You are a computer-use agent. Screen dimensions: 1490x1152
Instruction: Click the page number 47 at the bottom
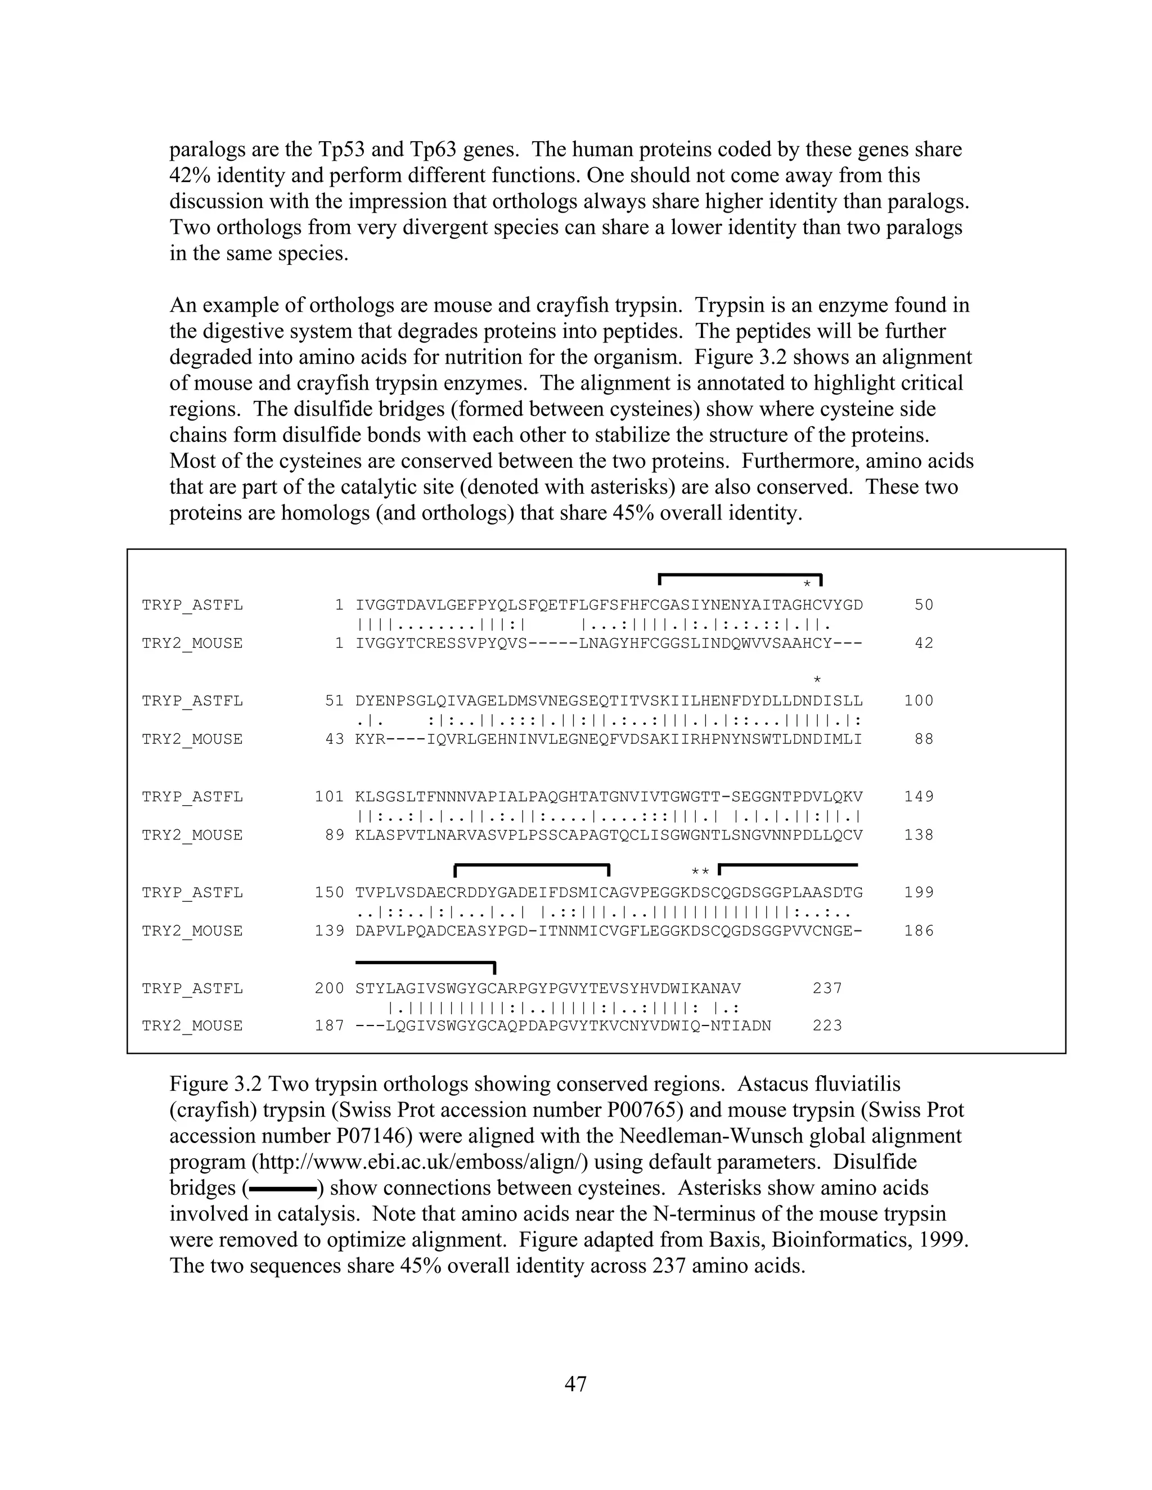pos(575,1384)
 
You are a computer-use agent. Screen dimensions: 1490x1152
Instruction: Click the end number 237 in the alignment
pos(827,988)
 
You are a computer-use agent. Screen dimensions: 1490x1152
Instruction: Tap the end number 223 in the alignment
pos(827,1026)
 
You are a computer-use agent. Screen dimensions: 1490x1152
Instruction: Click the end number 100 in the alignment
pos(919,701)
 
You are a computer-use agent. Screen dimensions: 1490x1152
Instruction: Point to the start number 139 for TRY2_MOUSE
pos(329,931)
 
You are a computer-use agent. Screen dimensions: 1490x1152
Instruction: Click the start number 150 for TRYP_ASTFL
pos(329,893)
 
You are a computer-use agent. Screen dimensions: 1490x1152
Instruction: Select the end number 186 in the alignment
pos(919,931)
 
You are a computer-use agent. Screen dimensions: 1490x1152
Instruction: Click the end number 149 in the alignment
pos(919,797)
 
